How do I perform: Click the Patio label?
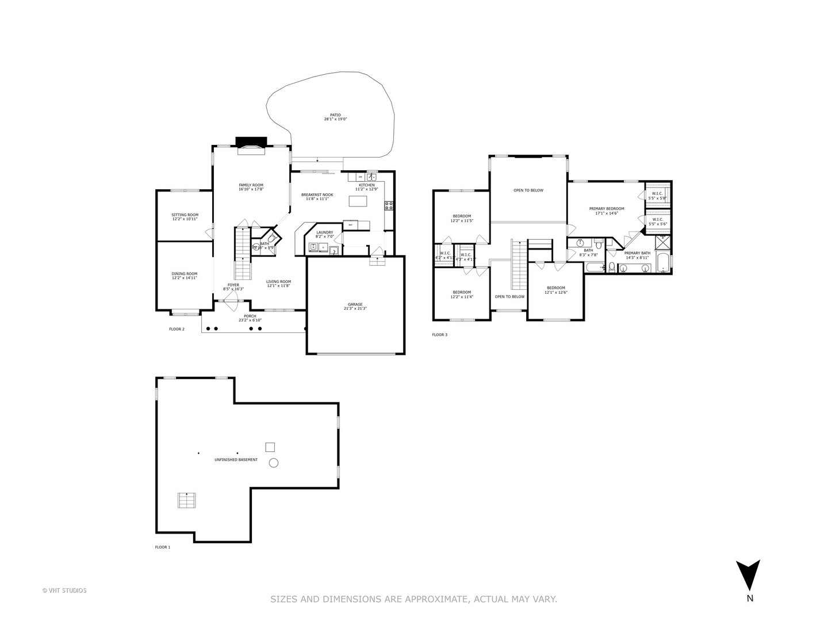(335, 115)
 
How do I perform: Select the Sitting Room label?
(185, 215)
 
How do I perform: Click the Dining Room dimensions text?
(184, 278)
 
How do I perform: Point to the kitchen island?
(358, 201)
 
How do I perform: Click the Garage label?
(355, 304)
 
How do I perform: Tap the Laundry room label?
(324, 232)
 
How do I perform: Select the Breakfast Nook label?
(317, 195)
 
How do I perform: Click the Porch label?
(250, 316)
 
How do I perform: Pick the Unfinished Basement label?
(236, 460)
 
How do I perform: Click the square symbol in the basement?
(270, 447)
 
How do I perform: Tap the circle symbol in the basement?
(274, 462)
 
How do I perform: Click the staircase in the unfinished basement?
(186, 500)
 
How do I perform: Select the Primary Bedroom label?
(606, 209)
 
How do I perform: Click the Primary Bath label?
(637, 253)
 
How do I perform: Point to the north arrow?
(749, 575)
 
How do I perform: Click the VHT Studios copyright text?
(64, 590)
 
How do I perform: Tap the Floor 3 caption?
(439, 335)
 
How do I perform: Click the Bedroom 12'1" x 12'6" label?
(556, 288)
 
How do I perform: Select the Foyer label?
(233, 285)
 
